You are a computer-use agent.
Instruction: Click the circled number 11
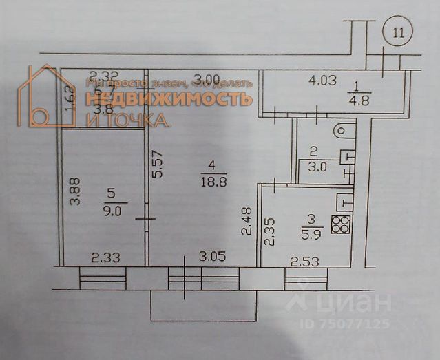pyautogui.click(x=397, y=32)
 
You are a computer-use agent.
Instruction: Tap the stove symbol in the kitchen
pyautogui.click(x=341, y=224)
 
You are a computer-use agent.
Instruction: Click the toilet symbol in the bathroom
pyautogui.click(x=342, y=129)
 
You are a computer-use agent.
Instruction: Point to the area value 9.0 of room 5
pyautogui.click(x=111, y=211)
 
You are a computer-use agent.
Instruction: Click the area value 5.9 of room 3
pyautogui.click(x=308, y=233)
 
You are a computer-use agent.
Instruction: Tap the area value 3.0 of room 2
pyautogui.click(x=317, y=166)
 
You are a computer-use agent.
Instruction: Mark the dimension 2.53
pyautogui.click(x=304, y=261)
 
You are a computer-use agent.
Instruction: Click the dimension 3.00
pyautogui.click(x=206, y=78)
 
